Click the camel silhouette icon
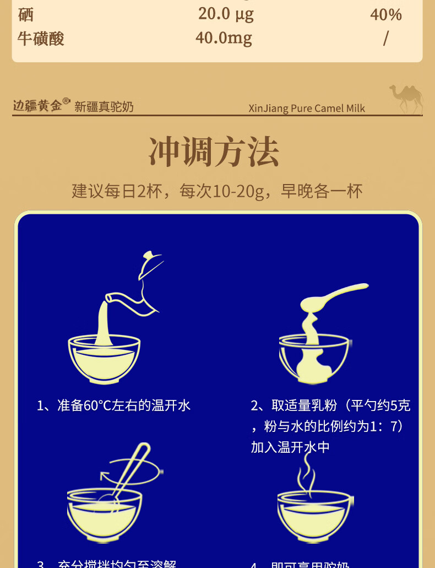(407, 98)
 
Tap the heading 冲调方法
(214, 152)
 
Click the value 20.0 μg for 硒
(226, 14)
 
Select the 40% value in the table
(385, 14)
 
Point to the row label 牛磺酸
(41, 39)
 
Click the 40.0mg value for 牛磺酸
(224, 38)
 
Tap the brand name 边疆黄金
(37, 105)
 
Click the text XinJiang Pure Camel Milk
(307, 108)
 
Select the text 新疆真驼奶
(104, 107)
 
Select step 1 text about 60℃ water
(113, 406)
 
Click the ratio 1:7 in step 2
(387, 426)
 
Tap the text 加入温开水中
(290, 447)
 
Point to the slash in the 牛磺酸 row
(385, 39)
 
